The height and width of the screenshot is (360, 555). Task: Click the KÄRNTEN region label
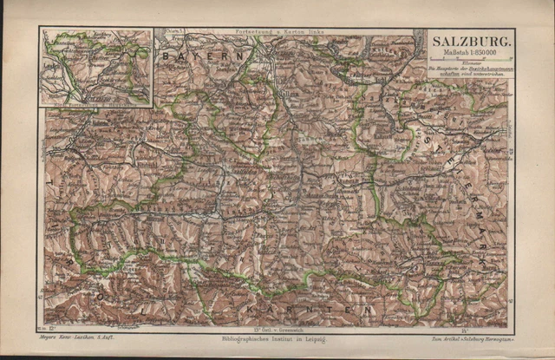308,309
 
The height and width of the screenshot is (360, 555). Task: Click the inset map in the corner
95,67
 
